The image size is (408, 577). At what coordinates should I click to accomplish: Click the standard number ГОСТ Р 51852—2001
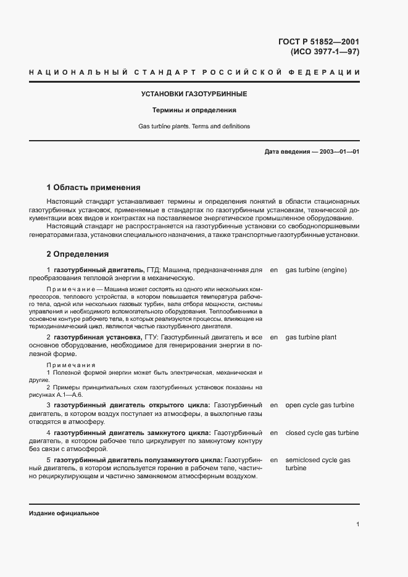[319, 42]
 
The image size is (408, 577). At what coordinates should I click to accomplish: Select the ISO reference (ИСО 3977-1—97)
[324, 52]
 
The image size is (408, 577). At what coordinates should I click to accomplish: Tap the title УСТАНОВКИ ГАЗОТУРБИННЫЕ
[194, 94]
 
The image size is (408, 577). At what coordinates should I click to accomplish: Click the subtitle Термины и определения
[194, 110]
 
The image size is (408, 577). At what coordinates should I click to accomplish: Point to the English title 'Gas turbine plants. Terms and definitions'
[194, 126]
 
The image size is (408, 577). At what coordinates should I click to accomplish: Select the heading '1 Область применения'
[94, 187]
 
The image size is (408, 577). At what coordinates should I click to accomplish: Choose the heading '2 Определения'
[78, 254]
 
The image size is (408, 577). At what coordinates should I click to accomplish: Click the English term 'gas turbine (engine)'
[316, 270]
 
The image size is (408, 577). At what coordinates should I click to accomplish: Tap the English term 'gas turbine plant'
[310, 338]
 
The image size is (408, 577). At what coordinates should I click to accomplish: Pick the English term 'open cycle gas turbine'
[320, 405]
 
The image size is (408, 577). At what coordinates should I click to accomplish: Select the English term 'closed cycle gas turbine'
[322, 433]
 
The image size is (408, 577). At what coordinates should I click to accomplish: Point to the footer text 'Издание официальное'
[64, 513]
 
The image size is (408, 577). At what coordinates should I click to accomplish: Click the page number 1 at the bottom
[357, 525]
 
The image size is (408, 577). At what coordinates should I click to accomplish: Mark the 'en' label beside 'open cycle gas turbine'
[274, 405]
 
